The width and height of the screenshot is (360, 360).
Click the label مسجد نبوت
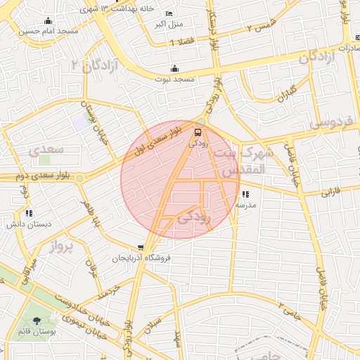(175, 79)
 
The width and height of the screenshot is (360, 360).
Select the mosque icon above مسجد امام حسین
(48, 20)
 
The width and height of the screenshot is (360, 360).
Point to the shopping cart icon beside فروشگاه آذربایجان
(141, 247)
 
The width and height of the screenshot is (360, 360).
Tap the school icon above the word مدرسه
(245, 194)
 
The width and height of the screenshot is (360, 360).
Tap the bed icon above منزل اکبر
(168, 13)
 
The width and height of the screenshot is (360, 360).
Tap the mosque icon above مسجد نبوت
(174, 68)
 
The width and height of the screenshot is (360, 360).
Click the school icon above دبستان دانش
(28, 212)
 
